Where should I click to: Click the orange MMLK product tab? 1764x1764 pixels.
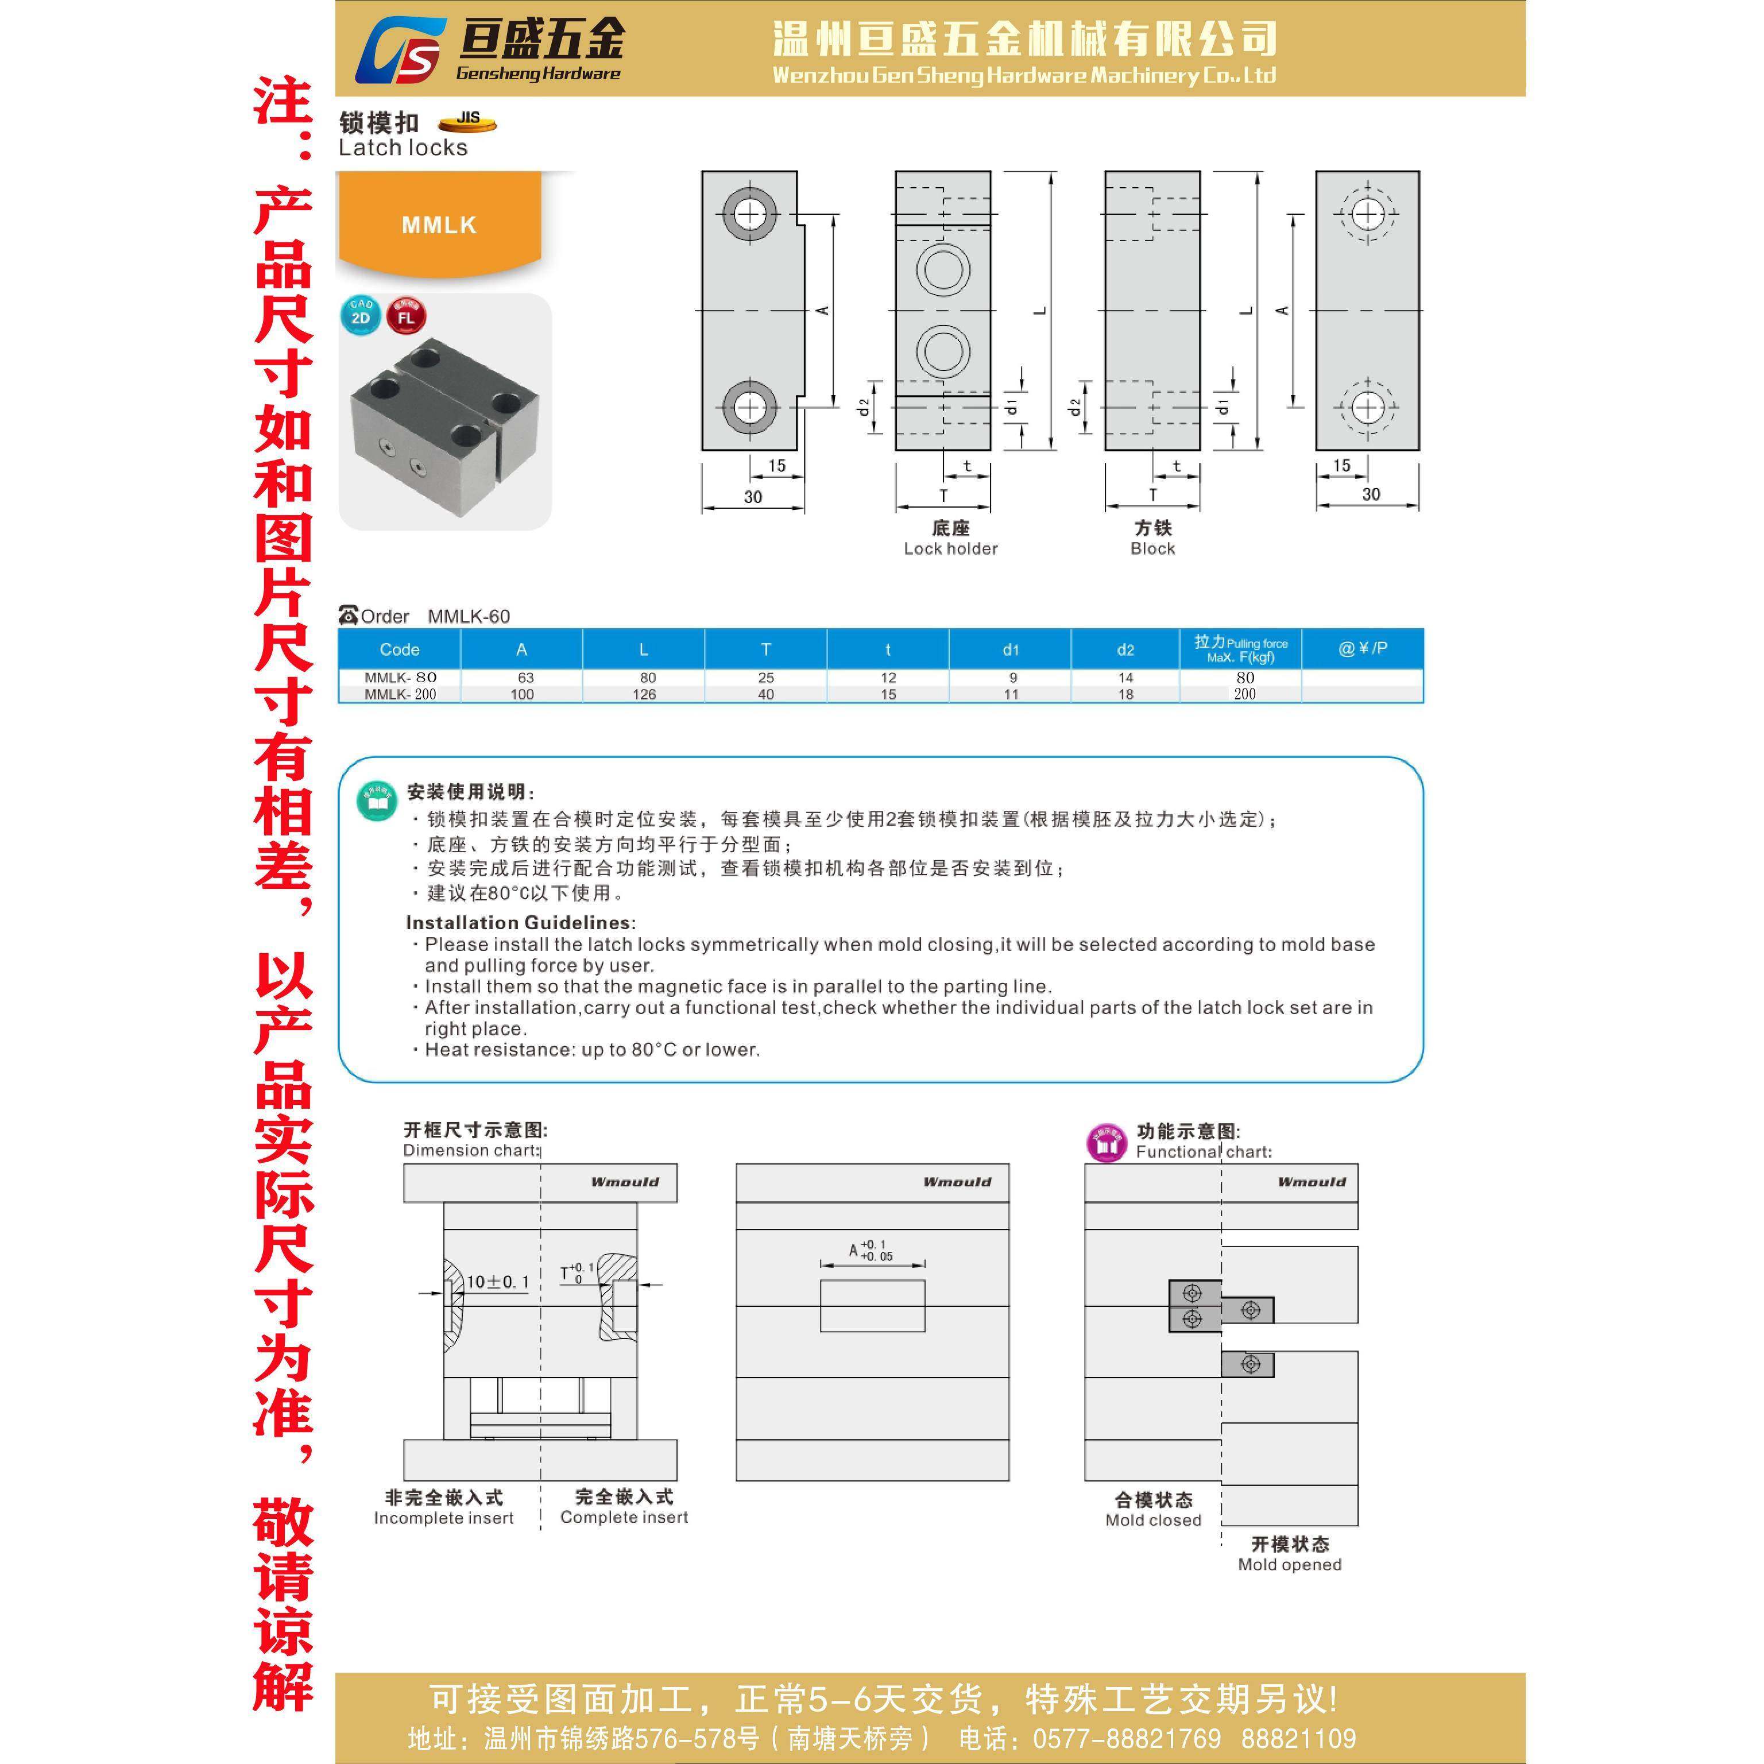(439, 225)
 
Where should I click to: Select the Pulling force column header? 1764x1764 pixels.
(1240, 649)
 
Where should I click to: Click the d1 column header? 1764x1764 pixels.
(1010, 649)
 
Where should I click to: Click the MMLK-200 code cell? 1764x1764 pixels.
(400, 694)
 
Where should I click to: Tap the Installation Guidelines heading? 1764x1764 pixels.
(520, 922)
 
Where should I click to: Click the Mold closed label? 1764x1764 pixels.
(1153, 1520)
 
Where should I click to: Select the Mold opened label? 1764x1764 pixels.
(1289, 1564)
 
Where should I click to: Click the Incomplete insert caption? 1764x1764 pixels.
(444, 1518)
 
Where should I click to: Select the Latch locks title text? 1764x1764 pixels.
(403, 148)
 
